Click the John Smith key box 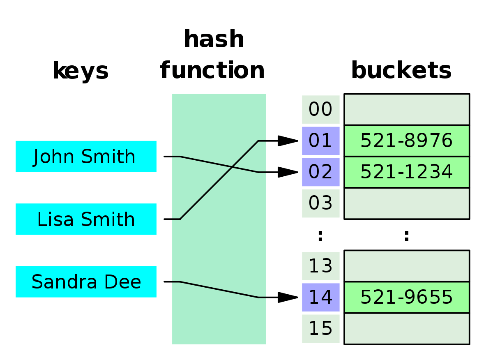[86, 157]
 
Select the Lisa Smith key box [86, 219]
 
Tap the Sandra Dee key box [86, 282]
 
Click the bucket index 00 [320, 110]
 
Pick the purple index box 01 [320, 141]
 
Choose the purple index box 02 [320, 172]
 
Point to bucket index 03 [320, 203]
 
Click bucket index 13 [320, 266]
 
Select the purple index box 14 [320, 297]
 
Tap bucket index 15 [320, 328]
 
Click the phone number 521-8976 [406, 141]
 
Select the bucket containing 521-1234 [406, 172]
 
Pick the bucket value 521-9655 [406, 297]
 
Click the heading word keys [81, 71]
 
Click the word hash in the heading [214, 39]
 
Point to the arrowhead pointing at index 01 [287, 141]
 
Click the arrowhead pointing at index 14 [287, 297]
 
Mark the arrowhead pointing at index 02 [287, 172]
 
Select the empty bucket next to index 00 [406, 110]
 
